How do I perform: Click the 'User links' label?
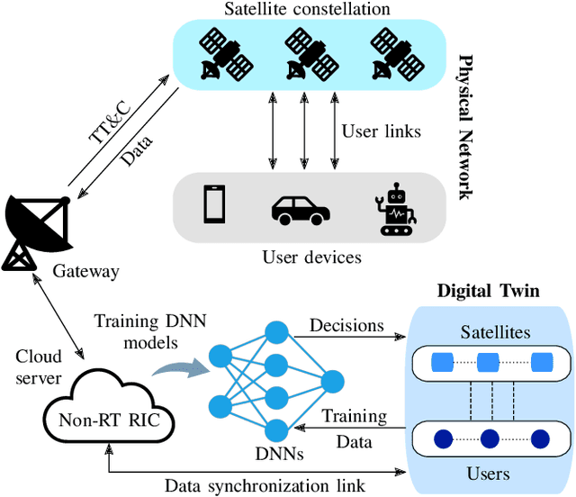pyautogui.click(x=381, y=131)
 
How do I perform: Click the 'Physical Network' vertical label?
pyautogui.click(x=466, y=126)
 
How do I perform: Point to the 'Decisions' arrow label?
pyautogui.click(x=346, y=326)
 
